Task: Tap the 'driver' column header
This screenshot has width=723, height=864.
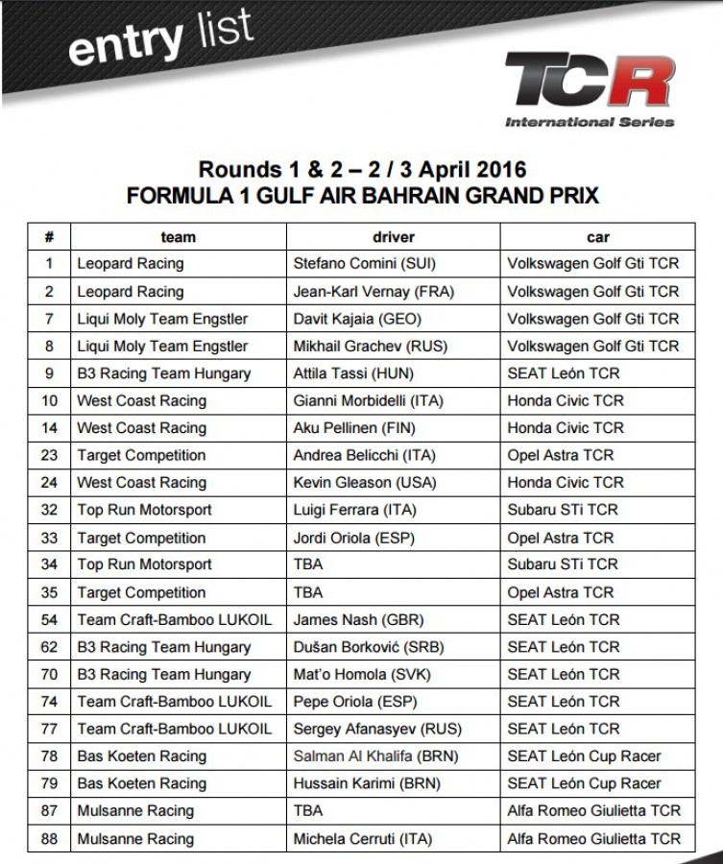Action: (393, 237)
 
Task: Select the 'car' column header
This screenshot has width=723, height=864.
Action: (597, 237)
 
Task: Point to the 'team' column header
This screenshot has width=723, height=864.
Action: (178, 237)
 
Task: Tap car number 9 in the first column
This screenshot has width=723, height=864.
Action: (50, 373)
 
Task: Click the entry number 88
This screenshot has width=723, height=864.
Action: (50, 839)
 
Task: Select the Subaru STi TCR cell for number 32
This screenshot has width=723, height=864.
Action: (563, 510)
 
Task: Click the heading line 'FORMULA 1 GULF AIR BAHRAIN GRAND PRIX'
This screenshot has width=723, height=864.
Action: (362, 196)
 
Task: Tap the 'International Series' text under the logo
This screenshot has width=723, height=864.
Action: (590, 122)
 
